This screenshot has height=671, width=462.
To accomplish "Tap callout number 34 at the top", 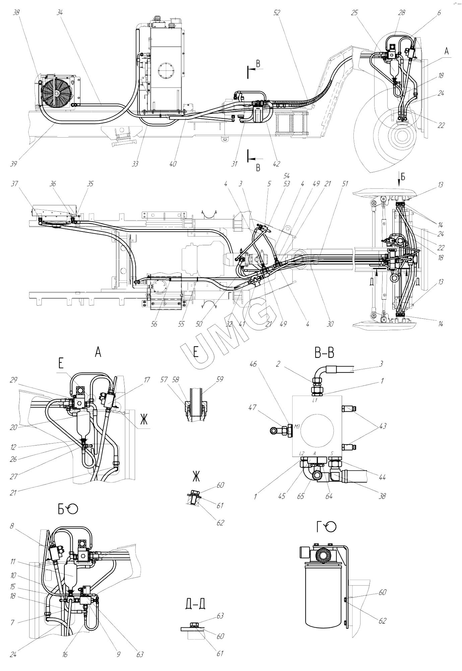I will pos(60,13).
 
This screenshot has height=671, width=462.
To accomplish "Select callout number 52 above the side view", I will pos(277,13).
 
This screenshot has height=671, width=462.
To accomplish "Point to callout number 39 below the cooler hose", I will pos(13,164).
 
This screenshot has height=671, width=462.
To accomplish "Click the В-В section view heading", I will pos(324,353).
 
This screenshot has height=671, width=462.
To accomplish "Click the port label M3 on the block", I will pos(297,427).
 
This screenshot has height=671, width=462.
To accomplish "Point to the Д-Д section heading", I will pos(195,604).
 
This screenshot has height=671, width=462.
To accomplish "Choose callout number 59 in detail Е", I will pos(220,379).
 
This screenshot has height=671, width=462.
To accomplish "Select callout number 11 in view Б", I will pos(13,561).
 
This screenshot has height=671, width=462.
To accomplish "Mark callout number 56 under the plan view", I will pos(154,324).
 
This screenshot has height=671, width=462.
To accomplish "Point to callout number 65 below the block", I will pos(301,496).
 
